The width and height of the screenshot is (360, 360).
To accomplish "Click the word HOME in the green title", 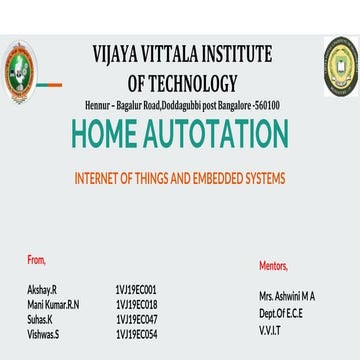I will click(x=108, y=134).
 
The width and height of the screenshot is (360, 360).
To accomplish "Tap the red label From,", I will click(x=37, y=259).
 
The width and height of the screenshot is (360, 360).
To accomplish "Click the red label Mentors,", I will click(x=273, y=265).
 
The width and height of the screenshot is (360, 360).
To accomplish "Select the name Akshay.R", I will click(x=42, y=287).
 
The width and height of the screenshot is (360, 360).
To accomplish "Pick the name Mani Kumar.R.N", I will click(x=53, y=303).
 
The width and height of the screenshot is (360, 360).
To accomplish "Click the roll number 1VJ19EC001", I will click(x=136, y=287).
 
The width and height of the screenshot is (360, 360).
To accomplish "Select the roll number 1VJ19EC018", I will click(x=136, y=303).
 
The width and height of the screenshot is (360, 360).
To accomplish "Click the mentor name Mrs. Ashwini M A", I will click(x=287, y=297).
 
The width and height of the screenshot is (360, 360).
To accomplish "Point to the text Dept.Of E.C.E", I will click(x=279, y=313).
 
